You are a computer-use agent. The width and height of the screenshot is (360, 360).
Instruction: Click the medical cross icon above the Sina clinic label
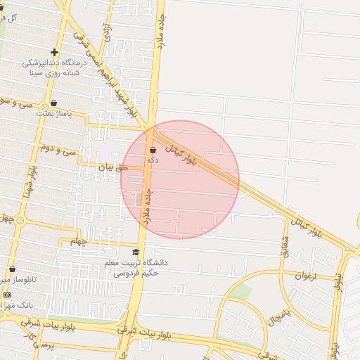[55, 52]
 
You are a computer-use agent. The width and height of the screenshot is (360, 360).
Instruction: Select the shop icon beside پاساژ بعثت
[53, 103]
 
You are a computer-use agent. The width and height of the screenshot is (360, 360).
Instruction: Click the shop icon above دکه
[153, 150]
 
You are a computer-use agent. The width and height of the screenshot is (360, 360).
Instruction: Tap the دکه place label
[152, 160]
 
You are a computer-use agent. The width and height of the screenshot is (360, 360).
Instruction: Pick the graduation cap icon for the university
[136, 252]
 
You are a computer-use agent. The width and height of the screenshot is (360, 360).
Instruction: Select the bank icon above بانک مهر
[7, 294]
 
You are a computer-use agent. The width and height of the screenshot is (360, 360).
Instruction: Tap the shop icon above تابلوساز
[12, 269]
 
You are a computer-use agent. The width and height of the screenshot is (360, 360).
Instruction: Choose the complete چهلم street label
[78, 241]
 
